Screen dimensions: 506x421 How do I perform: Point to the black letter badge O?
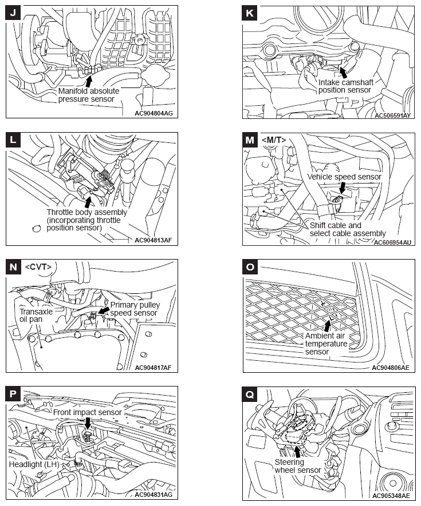point(250,268)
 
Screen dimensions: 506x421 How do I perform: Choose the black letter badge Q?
point(250,395)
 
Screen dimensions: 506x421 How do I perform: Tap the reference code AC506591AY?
point(392,115)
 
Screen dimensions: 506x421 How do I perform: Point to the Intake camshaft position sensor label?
point(345,86)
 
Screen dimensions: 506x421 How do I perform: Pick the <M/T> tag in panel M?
point(273,141)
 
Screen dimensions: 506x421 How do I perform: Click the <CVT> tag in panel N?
point(39,266)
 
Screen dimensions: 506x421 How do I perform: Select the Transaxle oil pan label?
point(36,316)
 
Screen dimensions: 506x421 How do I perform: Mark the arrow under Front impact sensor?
point(87,423)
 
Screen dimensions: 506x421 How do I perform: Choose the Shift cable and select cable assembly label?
point(347,229)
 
